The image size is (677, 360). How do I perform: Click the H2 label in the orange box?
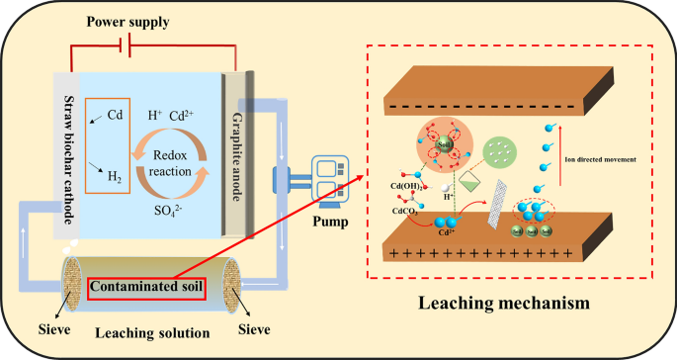(x=117, y=177)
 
